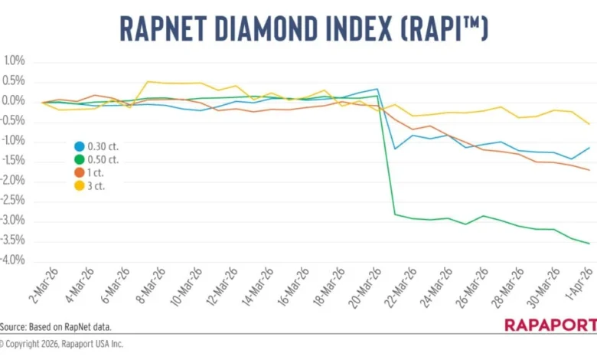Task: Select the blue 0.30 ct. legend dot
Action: (x=79, y=146)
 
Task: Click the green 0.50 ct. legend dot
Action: (x=79, y=159)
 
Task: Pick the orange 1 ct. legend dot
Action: (x=79, y=172)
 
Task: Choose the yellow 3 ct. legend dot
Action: (x=79, y=186)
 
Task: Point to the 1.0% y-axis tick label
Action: (x=15, y=61)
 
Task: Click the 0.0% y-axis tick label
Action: (x=15, y=101)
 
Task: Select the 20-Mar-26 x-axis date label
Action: (x=364, y=289)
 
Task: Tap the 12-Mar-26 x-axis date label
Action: (x=217, y=289)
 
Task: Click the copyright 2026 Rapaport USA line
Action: (x=61, y=344)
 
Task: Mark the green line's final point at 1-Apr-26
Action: (x=589, y=244)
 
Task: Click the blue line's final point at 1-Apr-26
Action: (x=589, y=148)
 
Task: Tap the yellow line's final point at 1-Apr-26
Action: (x=589, y=124)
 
